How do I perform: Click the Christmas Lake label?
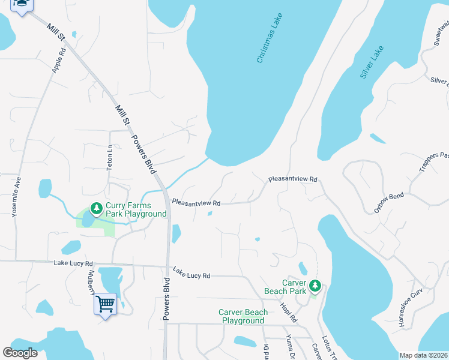tap(269, 38)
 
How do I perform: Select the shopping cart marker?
tap(105, 304)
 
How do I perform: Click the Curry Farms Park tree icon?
tap(96, 208)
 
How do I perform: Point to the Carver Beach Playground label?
tap(243, 316)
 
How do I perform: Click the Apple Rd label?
tap(59, 60)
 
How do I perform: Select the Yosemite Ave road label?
tap(17, 196)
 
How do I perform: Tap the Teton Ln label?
tap(110, 158)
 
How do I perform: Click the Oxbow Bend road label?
tap(389, 203)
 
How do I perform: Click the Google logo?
tap(20, 353)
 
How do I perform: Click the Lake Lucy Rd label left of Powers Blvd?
tap(73, 263)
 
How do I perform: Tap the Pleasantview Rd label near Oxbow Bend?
tap(292, 179)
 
